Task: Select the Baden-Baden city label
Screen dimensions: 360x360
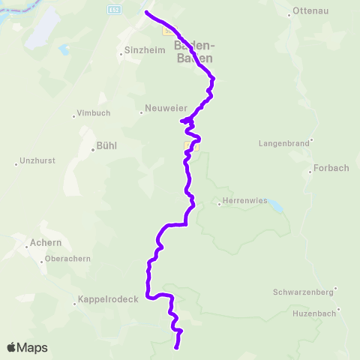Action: pos(193,51)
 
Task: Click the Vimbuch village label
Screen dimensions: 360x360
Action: pos(93,113)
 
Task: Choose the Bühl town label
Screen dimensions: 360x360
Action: pos(108,145)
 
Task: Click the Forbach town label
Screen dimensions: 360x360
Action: pos(331,168)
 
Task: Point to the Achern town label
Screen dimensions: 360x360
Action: pos(46,242)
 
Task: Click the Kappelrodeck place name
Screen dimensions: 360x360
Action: pos(109,304)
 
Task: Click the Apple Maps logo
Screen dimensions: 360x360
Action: pos(27,347)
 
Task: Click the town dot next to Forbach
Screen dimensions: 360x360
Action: pos(310,172)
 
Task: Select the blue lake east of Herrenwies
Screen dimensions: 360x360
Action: pos(277,204)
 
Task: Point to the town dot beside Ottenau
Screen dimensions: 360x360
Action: pos(289,13)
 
